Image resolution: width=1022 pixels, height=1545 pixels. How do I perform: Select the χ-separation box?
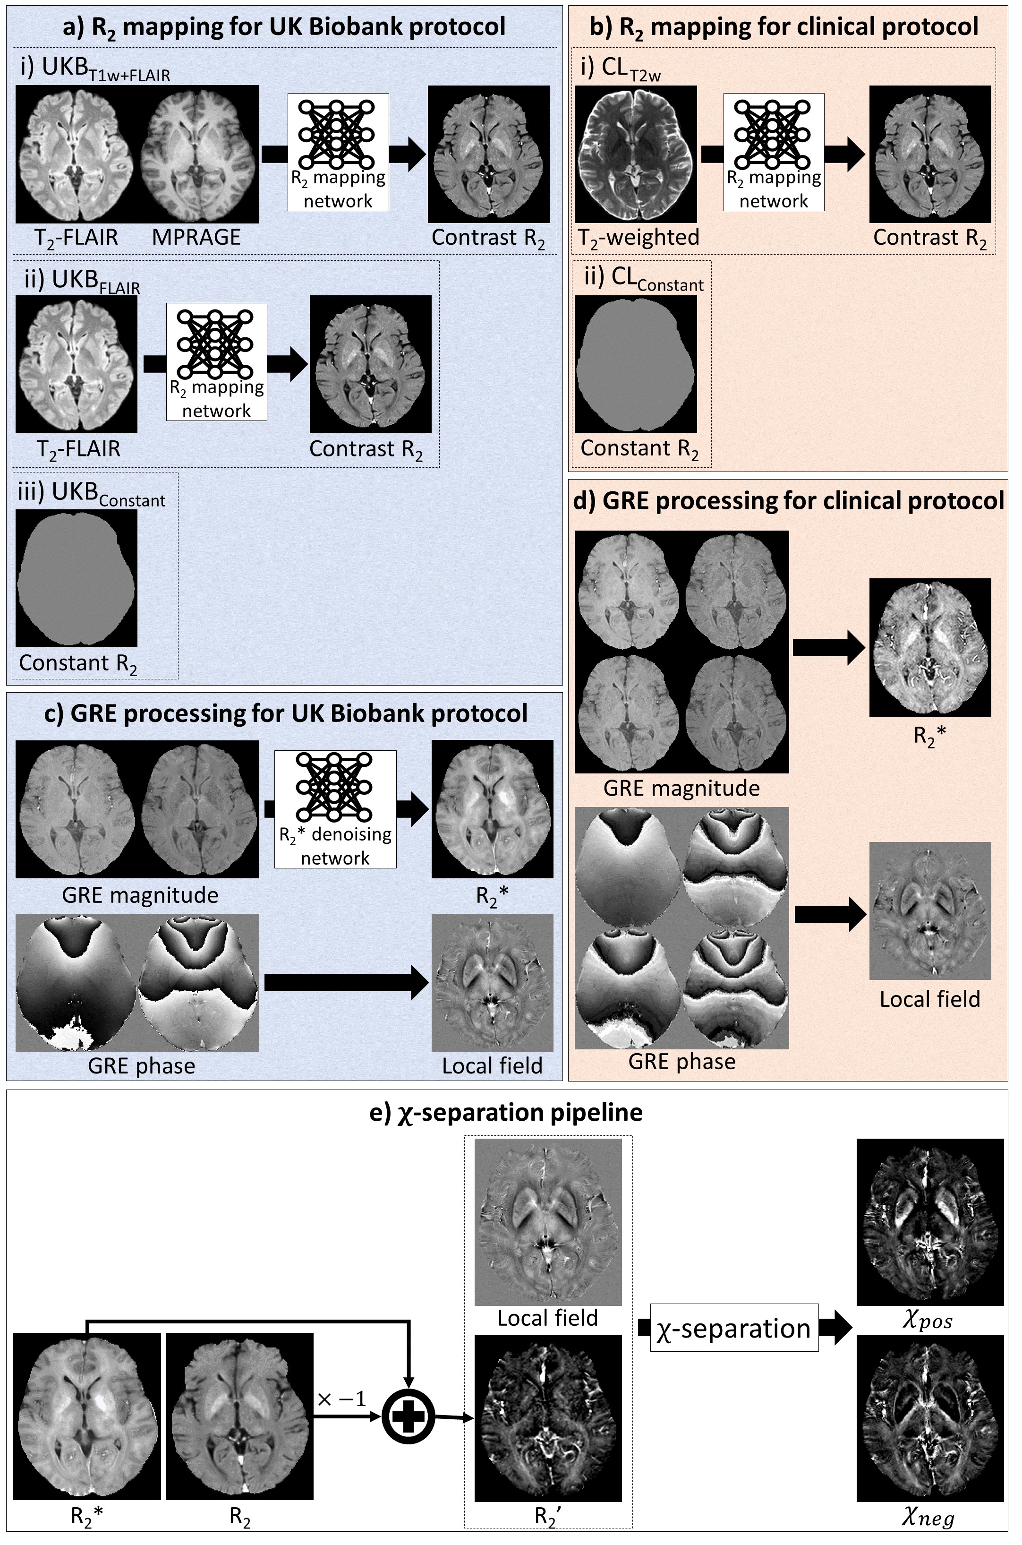click(x=734, y=1328)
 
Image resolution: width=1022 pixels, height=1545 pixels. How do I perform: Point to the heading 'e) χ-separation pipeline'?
click(x=506, y=1112)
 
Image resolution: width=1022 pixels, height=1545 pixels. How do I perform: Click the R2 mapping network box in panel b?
click(x=774, y=152)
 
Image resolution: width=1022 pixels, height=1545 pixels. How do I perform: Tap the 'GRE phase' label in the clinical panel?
click(x=682, y=1061)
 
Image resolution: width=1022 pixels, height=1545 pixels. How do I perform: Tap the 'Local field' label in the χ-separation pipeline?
click(x=547, y=1317)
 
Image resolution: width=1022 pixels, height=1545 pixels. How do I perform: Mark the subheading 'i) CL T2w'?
click(x=621, y=69)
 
